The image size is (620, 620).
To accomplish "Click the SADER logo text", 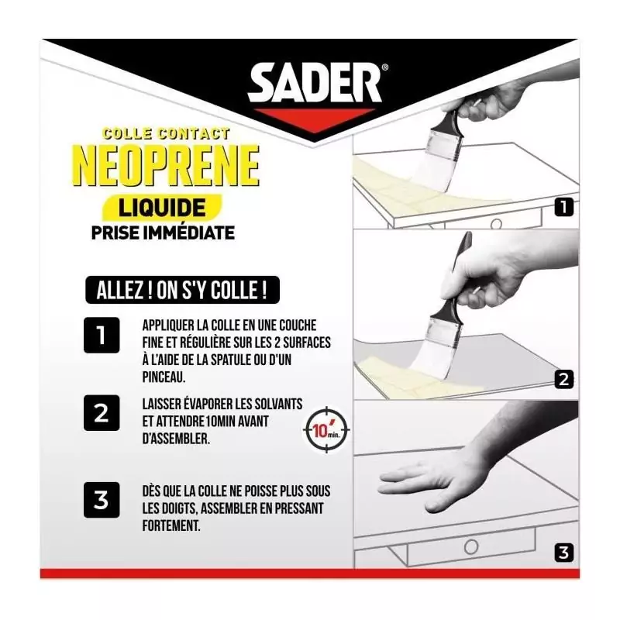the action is pyautogui.click(x=315, y=84).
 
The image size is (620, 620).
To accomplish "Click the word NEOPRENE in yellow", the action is pyautogui.click(x=167, y=165).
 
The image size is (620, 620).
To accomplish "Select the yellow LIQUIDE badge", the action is pyautogui.click(x=162, y=207).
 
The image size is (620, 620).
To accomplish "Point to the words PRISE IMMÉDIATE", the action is pyautogui.click(x=163, y=232).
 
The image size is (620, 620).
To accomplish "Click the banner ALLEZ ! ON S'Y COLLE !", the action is pyautogui.click(x=182, y=290).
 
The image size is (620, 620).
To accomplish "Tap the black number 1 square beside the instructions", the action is pyautogui.click(x=102, y=336).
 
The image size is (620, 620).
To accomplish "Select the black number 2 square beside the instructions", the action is pyautogui.click(x=102, y=413).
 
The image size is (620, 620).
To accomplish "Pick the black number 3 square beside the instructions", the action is pyautogui.click(x=102, y=500).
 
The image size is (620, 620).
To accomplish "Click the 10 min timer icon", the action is pyautogui.click(x=327, y=430).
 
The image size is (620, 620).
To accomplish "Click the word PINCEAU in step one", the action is pyautogui.click(x=164, y=377).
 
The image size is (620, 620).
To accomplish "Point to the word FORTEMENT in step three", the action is pyautogui.click(x=171, y=525).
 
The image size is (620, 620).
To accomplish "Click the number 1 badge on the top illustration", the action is pyautogui.click(x=564, y=207).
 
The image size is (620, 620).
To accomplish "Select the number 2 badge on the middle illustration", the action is pyautogui.click(x=564, y=379).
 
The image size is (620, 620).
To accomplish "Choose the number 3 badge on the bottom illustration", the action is pyautogui.click(x=564, y=552).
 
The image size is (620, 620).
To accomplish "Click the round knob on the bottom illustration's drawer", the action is pyautogui.click(x=471, y=548).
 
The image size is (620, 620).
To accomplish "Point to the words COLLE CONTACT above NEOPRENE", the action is pyautogui.click(x=166, y=133).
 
